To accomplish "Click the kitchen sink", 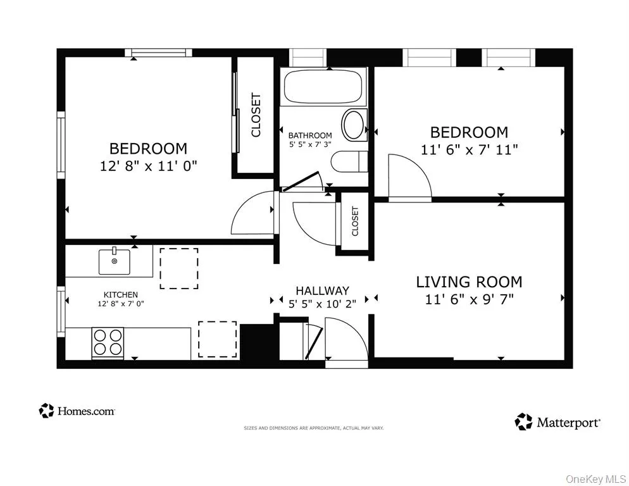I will (x=115, y=261).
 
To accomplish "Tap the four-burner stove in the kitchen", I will (x=108, y=342).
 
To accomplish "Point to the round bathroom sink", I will (x=354, y=124).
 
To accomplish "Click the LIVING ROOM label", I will (x=468, y=282).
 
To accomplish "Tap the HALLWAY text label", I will (x=322, y=290).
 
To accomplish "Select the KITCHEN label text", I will (x=121, y=295).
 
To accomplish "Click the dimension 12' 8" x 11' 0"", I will (x=148, y=166).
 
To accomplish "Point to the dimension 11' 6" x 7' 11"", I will (x=469, y=150).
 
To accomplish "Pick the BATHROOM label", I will (x=310, y=135).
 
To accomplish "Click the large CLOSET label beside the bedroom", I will (x=256, y=115).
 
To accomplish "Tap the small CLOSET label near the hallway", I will (x=354, y=221).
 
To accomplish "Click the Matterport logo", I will (x=557, y=422).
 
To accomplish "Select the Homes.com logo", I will (x=77, y=411).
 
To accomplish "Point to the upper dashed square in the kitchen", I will (x=178, y=268).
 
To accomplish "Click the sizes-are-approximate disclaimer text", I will (x=314, y=428).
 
